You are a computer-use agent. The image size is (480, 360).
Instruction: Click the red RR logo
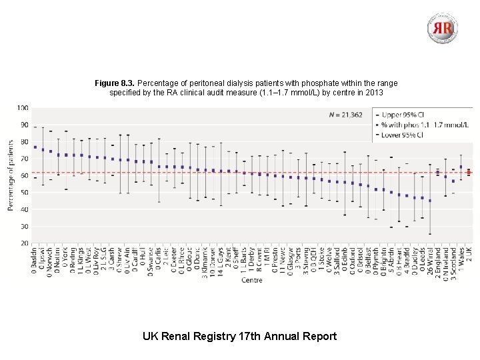point(443,28)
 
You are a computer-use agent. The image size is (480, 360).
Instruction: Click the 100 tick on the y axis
point(23,107)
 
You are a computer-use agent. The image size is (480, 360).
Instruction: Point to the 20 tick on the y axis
point(23,243)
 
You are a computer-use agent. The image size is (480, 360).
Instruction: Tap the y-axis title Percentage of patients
point(11,175)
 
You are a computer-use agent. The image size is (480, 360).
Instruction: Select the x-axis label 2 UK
point(469,257)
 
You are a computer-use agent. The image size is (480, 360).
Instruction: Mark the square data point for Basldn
point(35,147)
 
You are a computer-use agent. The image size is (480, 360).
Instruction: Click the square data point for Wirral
point(429,201)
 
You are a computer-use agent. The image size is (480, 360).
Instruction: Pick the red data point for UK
point(469,173)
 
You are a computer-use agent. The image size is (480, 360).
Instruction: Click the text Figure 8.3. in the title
point(114,83)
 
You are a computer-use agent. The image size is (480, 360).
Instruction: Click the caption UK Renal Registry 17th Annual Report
point(239,336)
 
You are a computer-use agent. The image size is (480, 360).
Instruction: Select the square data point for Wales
point(461,167)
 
